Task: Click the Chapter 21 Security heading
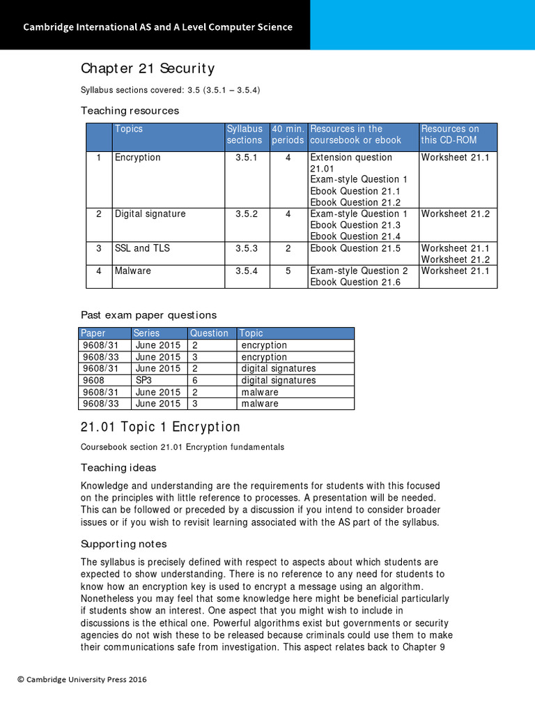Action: (x=148, y=68)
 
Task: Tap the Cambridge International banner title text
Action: (x=157, y=27)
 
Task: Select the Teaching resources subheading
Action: (x=130, y=111)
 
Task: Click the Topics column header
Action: (x=129, y=129)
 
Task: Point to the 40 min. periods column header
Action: (x=288, y=135)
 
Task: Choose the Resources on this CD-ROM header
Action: (x=450, y=135)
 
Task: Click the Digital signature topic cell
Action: (x=150, y=214)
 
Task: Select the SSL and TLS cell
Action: (x=142, y=248)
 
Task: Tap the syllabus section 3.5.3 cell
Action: (x=247, y=248)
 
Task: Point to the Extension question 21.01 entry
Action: (x=351, y=163)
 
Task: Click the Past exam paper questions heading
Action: (x=148, y=315)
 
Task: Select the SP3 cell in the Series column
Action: (x=144, y=380)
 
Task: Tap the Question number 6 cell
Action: (x=195, y=380)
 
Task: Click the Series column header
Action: (x=146, y=333)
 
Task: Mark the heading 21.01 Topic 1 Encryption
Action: (x=160, y=427)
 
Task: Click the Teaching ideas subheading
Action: (x=118, y=468)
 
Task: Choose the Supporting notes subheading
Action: (x=123, y=544)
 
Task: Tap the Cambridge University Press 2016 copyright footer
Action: (x=82, y=679)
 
